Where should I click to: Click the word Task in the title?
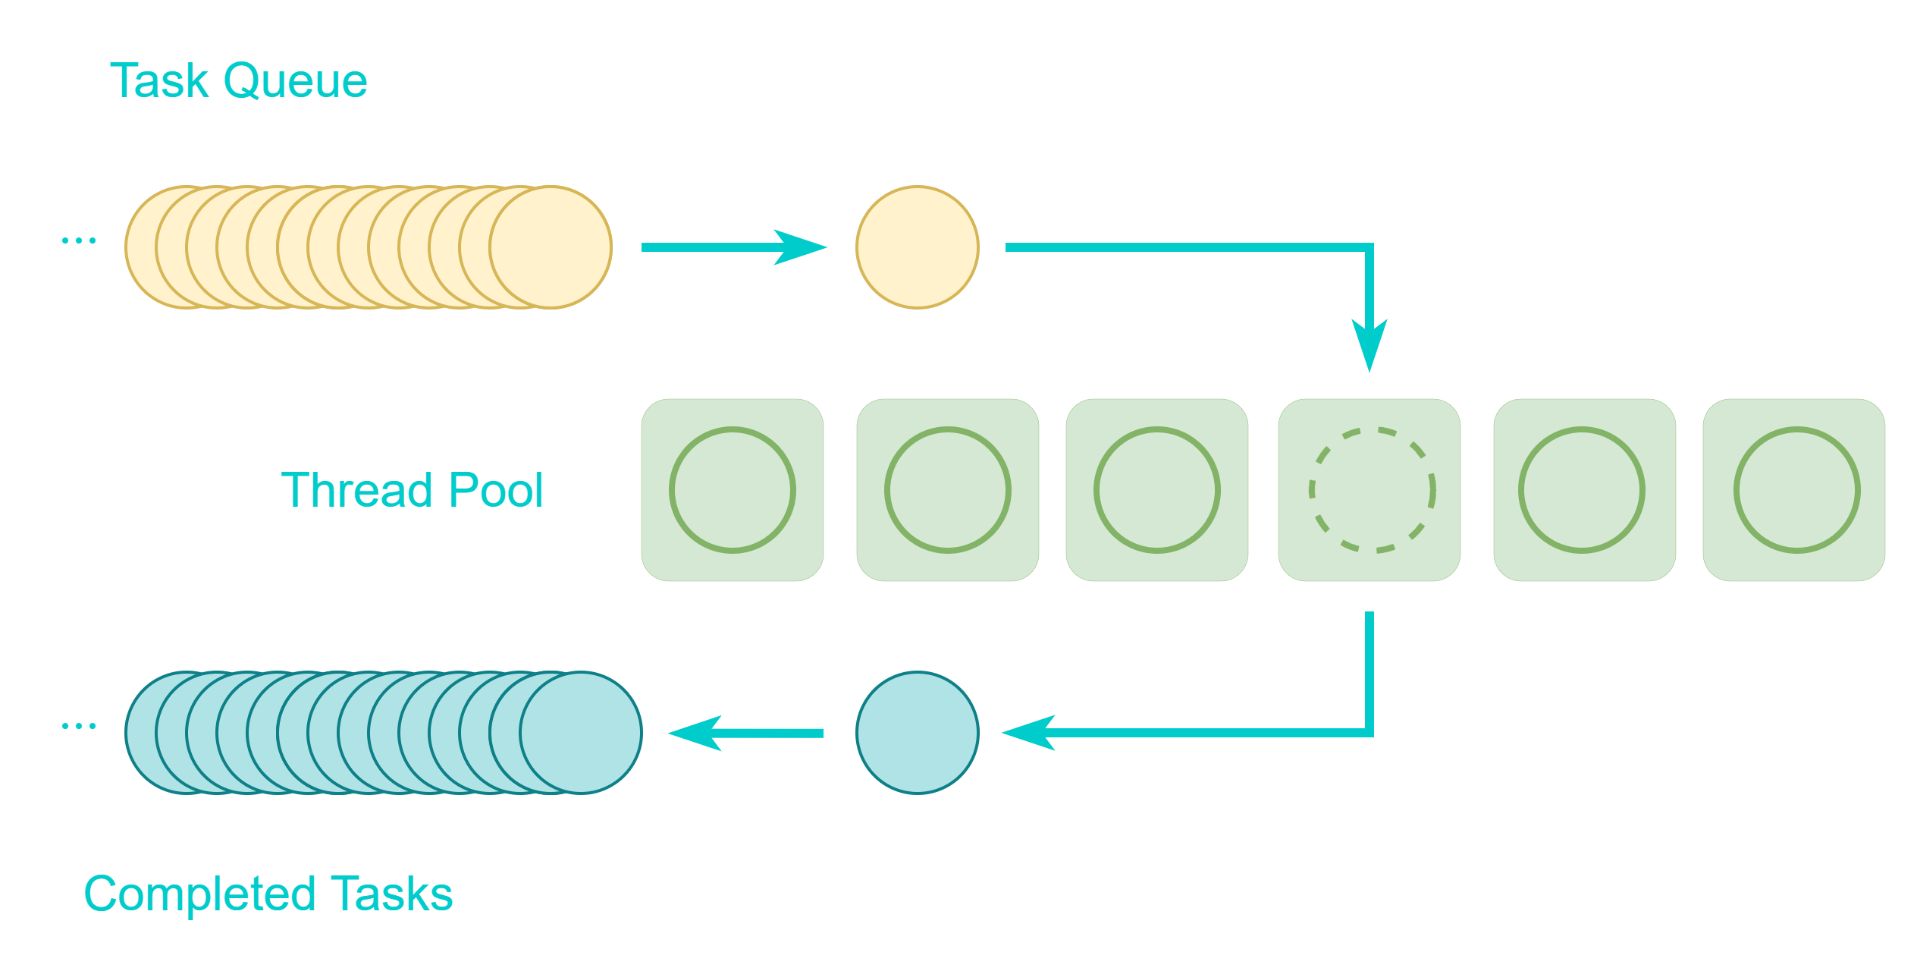158,81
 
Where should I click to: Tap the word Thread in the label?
360,490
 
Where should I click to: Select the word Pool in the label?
496,490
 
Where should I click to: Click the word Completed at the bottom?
199,894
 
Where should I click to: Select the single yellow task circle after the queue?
918,247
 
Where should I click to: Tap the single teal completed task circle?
918,733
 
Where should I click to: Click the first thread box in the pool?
733,490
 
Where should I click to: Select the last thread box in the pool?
1794,490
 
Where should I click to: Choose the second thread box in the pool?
948,490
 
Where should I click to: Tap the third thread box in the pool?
1157,490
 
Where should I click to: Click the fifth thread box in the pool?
1585,490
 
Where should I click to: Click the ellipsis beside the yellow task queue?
79,240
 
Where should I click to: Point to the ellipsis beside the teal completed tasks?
79,726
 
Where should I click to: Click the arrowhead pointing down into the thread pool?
1370,345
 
